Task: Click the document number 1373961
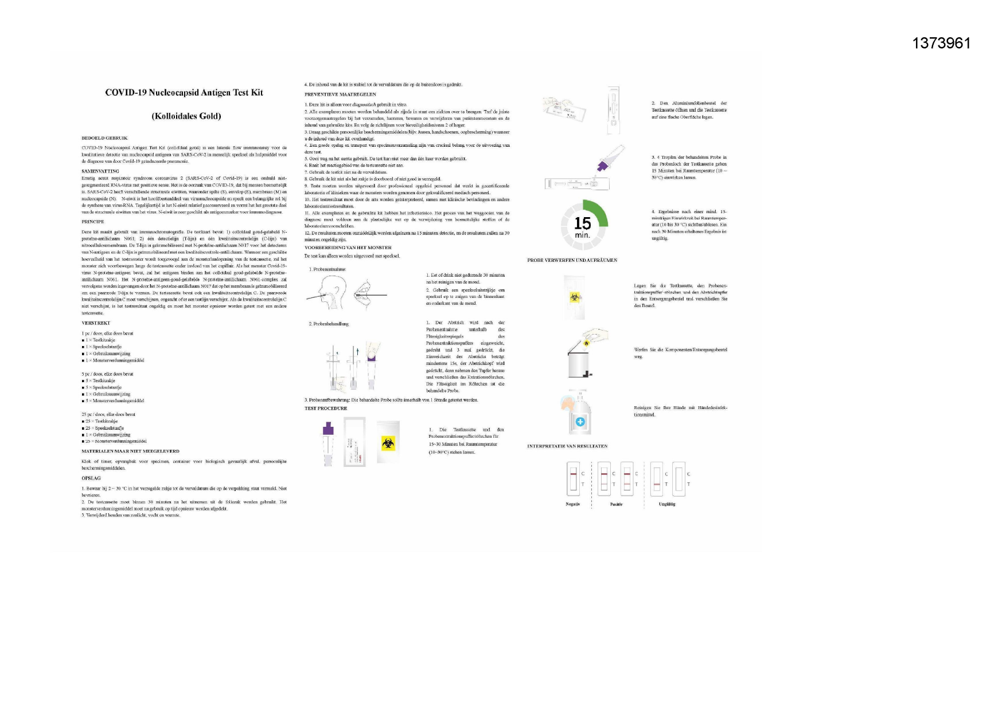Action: click(x=941, y=43)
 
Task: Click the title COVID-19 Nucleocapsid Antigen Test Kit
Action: click(x=184, y=92)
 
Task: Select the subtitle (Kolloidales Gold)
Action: click(x=186, y=116)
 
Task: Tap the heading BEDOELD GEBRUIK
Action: click(x=105, y=138)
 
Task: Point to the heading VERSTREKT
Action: click(x=96, y=323)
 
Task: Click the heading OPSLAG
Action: click(x=91, y=478)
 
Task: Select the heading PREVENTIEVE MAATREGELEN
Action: click(x=340, y=94)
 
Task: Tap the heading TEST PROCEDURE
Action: click(x=326, y=408)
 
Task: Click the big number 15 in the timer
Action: click(x=582, y=223)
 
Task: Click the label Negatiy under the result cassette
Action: click(x=572, y=504)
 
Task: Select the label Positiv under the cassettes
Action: click(x=616, y=504)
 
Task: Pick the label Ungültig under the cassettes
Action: click(x=667, y=504)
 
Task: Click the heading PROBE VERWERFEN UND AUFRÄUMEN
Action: click(x=572, y=260)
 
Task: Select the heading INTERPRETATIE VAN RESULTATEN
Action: click(x=567, y=446)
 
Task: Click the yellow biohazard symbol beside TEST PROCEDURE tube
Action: click(x=388, y=443)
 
